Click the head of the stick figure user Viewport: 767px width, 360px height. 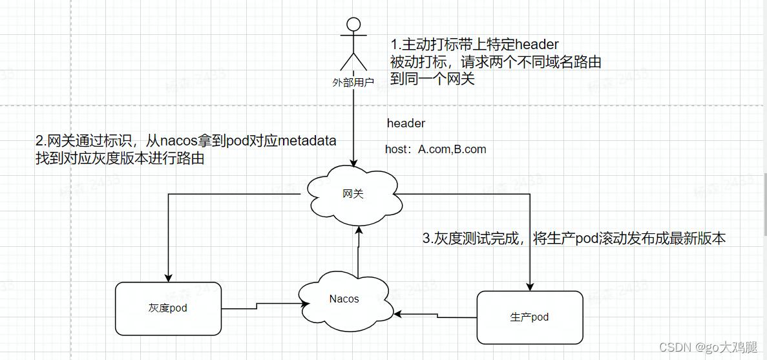tap(353, 25)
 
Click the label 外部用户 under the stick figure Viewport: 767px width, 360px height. tap(353, 82)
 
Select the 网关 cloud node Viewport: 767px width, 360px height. tap(353, 193)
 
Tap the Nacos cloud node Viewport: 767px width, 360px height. tap(343, 299)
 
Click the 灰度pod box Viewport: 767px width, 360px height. tap(167, 308)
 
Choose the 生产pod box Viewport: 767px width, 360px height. tap(529, 317)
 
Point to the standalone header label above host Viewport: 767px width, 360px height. tap(406, 123)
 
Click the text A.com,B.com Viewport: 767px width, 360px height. tap(452, 149)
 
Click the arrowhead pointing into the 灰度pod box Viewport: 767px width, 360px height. tap(168, 278)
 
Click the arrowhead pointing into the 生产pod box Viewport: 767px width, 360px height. tap(530, 287)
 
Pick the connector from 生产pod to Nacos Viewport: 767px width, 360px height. tap(436, 315)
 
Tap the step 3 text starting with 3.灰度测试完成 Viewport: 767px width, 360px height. tap(574, 238)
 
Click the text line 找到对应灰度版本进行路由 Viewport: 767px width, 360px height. tap(120, 158)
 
